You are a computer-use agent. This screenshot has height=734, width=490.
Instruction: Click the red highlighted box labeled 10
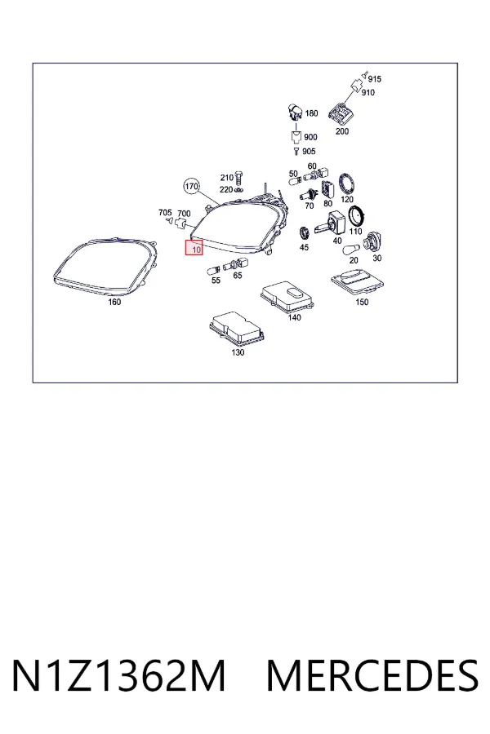[x=194, y=248]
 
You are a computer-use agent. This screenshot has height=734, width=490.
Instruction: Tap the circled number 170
[x=191, y=186]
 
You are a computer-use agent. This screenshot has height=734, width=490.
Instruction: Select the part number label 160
[x=114, y=302]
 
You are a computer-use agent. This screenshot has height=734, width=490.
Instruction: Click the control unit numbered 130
[x=238, y=329]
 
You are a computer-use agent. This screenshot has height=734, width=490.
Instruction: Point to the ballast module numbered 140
[x=287, y=296]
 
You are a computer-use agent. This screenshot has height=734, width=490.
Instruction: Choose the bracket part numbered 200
[x=341, y=113]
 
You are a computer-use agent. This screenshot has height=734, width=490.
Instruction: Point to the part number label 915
[x=375, y=79]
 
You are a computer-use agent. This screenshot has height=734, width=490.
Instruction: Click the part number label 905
[x=309, y=151]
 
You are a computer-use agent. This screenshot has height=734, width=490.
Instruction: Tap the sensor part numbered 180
[x=295, y=113]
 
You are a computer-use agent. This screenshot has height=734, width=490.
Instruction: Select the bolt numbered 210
[x=238, y=178]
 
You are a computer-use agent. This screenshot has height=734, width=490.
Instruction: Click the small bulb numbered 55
[x=213, y=271]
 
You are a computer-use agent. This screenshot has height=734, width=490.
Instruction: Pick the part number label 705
[x=165, y=213]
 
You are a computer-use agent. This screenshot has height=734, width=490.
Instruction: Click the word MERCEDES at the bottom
[x=372, y=675]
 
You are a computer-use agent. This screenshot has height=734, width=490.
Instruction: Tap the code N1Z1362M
[x=118, y=675]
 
